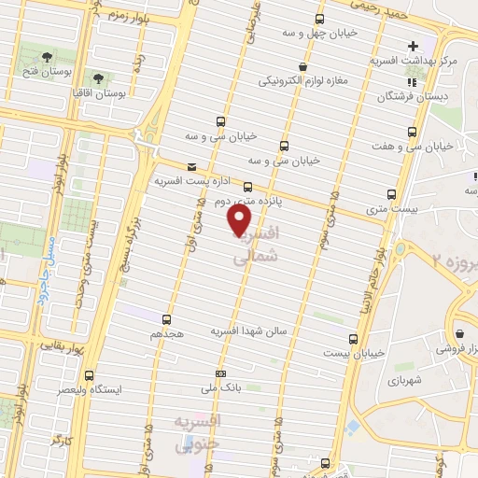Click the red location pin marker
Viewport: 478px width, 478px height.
click(x=240, y=219)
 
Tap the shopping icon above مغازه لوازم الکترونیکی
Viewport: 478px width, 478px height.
click(x=302, y=66)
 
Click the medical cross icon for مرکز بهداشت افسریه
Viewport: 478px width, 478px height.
click(x=413, y=46)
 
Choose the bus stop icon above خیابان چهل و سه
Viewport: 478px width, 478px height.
click(x=320, y=19)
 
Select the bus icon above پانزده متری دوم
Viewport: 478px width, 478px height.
click(x=248, y=186)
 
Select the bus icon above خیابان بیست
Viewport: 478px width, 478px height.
click(x=352, y=339)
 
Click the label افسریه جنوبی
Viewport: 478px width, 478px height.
click(x=198, y=432)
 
